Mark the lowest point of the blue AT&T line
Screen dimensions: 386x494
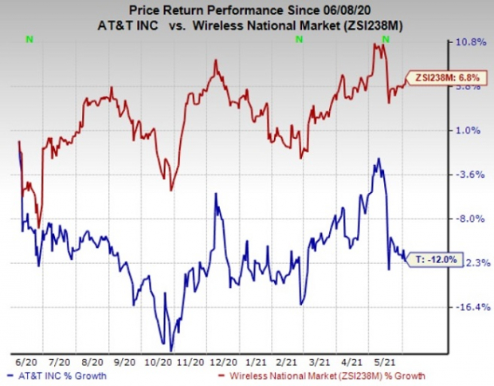click(x=170, y=349)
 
